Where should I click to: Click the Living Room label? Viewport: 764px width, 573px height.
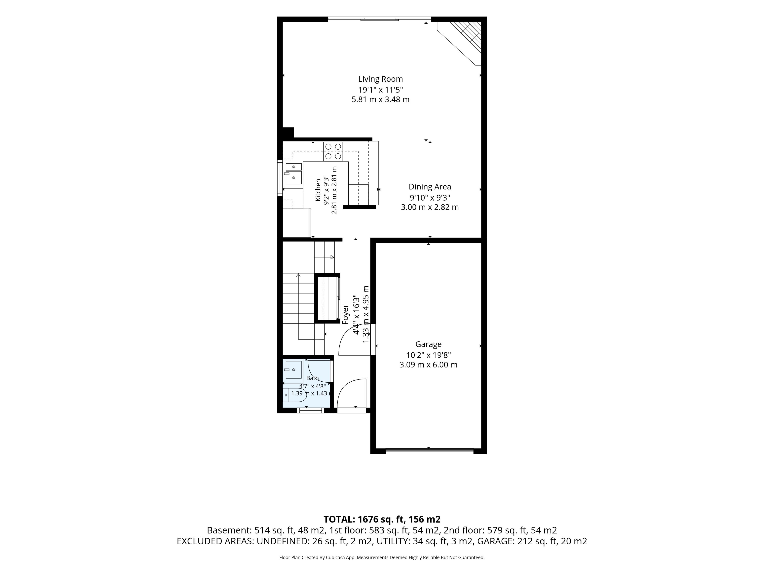click(x=380, y=79)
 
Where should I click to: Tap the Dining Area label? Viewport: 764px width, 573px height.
click(x=430, y=187)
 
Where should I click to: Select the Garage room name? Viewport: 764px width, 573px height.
click(x=428, y=344)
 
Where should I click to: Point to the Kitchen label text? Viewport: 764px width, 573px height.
click(x=318, y=190)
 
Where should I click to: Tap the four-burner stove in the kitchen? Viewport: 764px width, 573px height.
click(x=333, y=151)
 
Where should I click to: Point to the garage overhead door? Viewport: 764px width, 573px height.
click(x=429, y=450)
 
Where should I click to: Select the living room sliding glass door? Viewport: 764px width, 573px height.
click(x=379, y=19)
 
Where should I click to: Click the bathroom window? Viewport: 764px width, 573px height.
click(x=310, y=410)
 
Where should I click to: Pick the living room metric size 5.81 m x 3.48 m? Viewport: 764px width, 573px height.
click(x=380, y=99)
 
